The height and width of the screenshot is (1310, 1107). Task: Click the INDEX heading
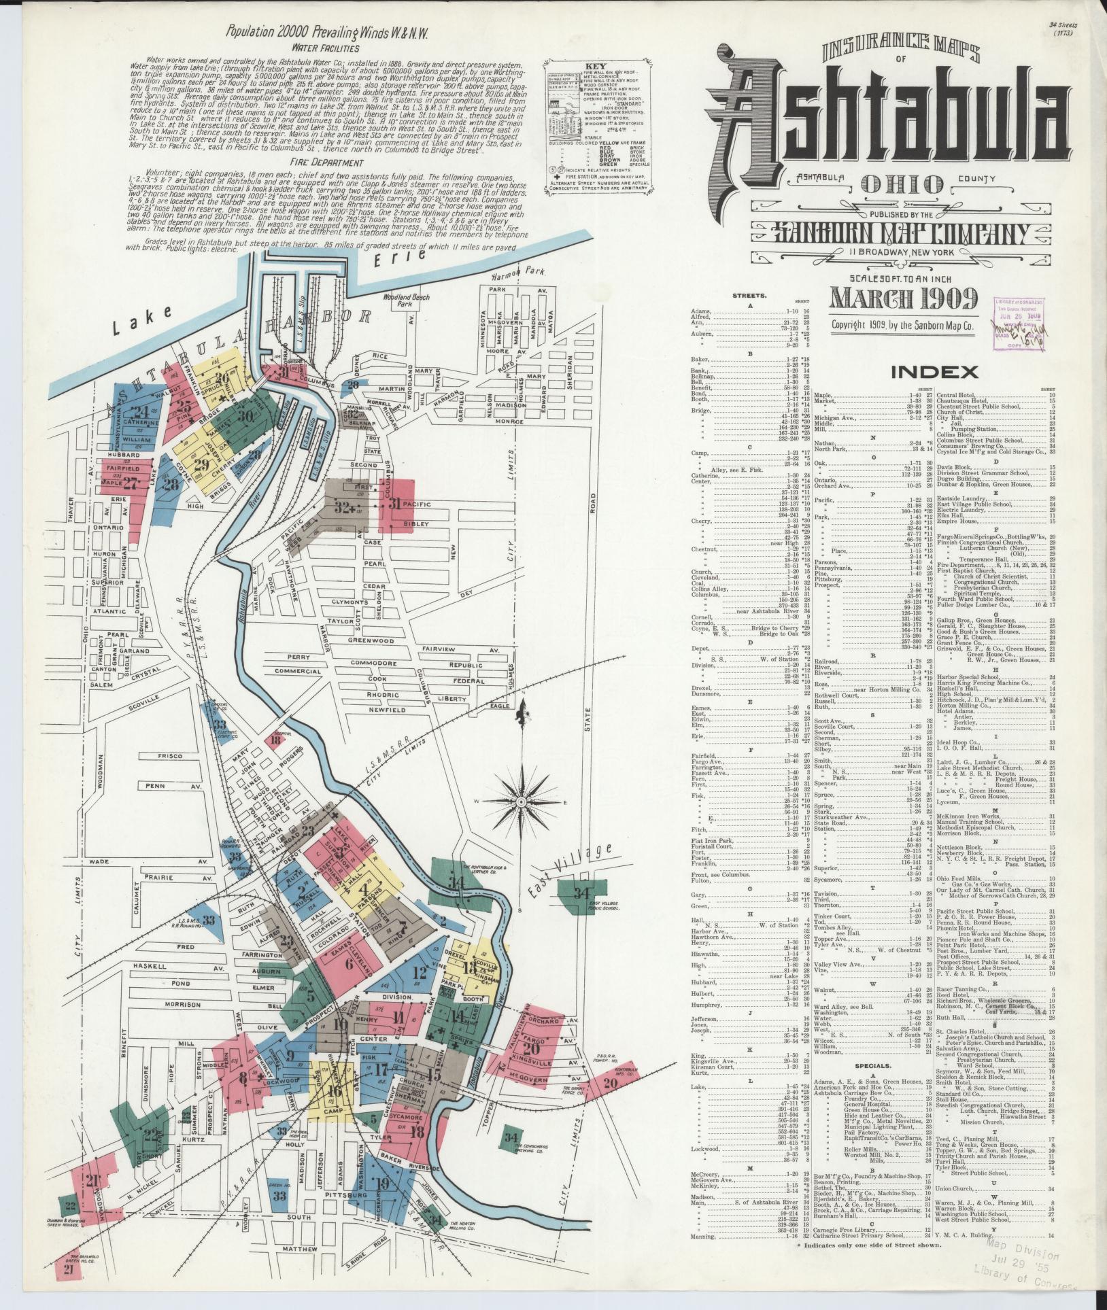click(x=934, y=372)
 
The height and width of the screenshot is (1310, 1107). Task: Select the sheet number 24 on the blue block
click(x=141, y=411)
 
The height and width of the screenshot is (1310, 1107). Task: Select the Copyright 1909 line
click(x=902, y=325)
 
